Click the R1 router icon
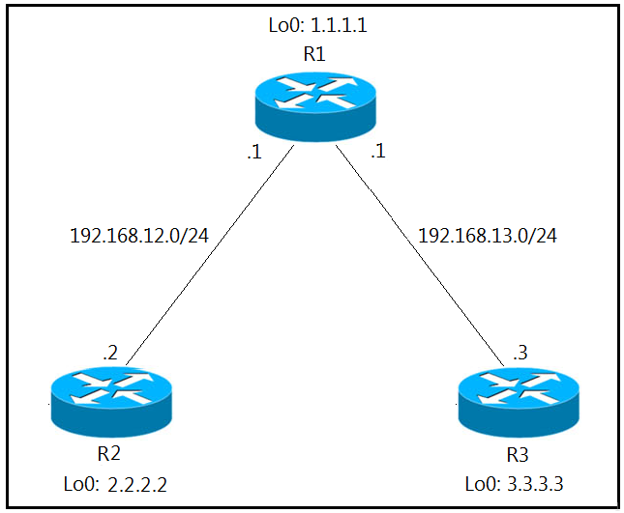click(x=313, y=106)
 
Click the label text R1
click(x=313, y=55)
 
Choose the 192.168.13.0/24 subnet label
click(x=488, y=235)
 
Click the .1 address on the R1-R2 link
click(x=253, y=153)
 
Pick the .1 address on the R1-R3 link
click(x=378, y=153)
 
